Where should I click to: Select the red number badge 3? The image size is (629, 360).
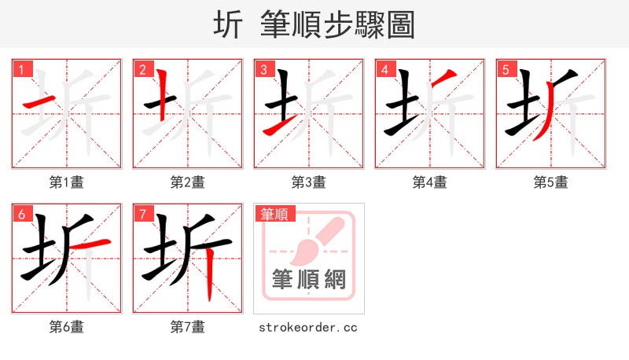[263, 69]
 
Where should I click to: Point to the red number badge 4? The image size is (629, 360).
[384, 69]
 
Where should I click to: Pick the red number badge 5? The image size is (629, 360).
[506, 69]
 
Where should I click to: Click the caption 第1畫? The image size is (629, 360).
[67, 182]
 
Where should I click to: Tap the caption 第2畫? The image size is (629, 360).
[188, 182]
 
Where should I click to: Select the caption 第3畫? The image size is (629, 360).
[309, 182]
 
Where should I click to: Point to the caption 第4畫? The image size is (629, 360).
[430, 182]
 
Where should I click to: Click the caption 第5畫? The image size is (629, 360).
[551, 182]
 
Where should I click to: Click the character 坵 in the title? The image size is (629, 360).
[228, 25]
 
